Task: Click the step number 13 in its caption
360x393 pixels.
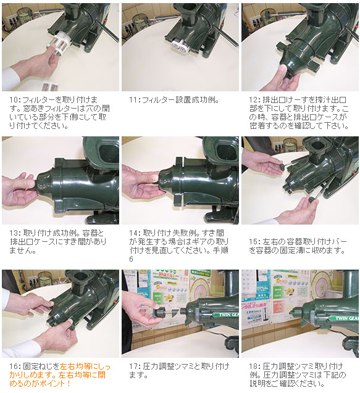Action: coord(14,233)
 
